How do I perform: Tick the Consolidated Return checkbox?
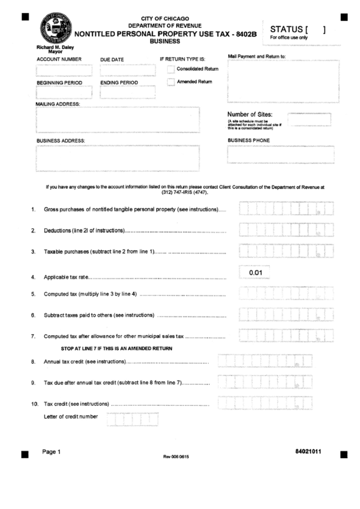pos(170,69)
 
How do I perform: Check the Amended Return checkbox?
pos(170,82)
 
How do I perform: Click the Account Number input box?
pos(63,70)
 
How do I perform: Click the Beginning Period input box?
pos(63,92)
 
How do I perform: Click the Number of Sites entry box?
pos(309,119)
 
